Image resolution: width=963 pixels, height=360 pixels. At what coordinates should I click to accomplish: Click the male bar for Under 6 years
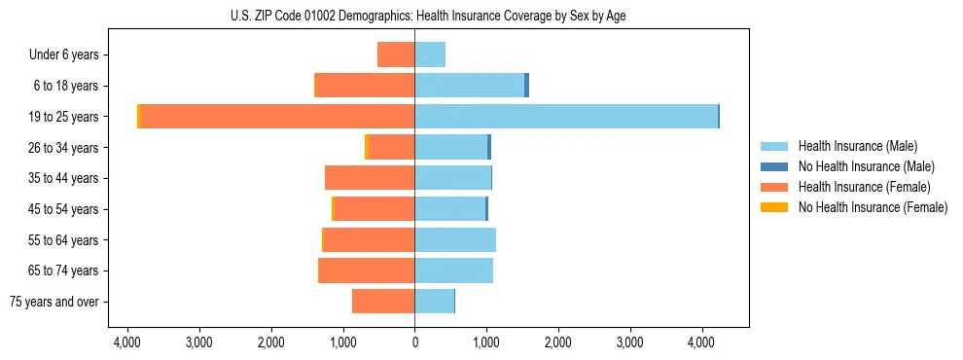click(430, 55)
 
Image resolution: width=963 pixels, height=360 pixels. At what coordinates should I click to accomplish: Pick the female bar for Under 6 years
click(396, 55)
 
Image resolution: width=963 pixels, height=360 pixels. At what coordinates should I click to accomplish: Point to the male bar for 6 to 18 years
click(470, 86)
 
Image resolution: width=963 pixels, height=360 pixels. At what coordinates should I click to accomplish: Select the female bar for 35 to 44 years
click(370, 178)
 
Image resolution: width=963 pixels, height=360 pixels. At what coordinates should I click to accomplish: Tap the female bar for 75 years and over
click(383, 302)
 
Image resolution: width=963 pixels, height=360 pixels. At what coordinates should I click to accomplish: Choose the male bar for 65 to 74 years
click(453, 270)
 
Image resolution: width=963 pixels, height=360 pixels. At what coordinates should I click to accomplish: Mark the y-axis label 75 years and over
click(54, 302)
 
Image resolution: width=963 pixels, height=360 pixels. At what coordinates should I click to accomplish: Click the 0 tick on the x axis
click(414, 343)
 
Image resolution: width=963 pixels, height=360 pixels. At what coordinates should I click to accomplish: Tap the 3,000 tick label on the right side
click(630, 343)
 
